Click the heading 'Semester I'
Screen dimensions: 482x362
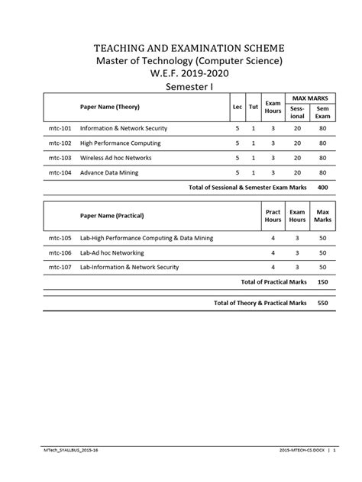(x=181, y=88)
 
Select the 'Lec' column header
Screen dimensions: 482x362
(x=238, y=107)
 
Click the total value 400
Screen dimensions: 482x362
(x=322, y=186)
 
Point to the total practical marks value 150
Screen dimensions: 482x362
(x=322, y=281)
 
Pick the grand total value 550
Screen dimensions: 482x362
(x=322, y=303)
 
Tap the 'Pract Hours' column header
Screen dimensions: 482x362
(x=273, y=216)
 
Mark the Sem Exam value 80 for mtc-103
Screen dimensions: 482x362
(x=323, y=157)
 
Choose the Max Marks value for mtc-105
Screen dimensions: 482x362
(x=323, y=238)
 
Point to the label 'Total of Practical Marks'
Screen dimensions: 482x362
(x=273, y=281)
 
